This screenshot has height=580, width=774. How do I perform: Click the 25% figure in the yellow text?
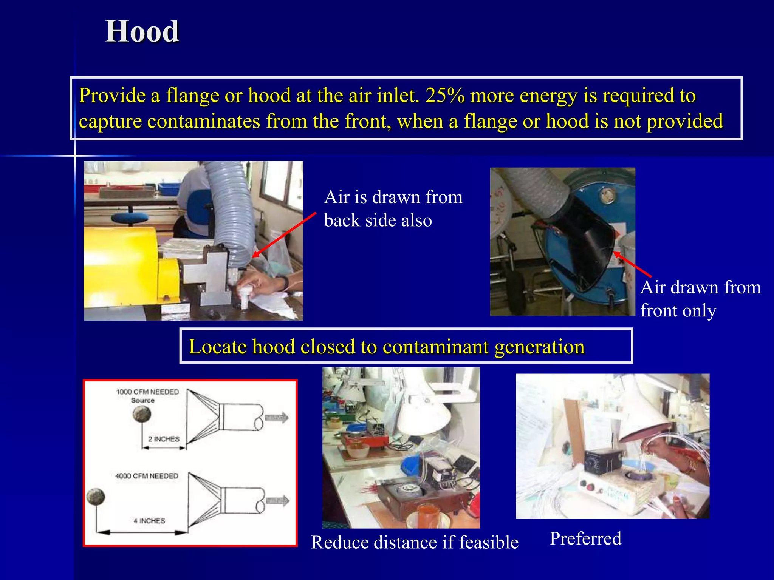(x=444, y=95)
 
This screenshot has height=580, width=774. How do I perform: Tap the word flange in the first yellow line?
(x=192, y=95)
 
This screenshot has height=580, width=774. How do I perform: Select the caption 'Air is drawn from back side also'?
(x=393, y=208)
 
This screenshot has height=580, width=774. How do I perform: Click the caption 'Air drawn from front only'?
(x=700, y=299)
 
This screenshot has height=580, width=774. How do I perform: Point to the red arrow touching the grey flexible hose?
(x=283, y=235)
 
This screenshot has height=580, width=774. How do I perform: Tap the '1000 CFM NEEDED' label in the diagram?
(x=147, y=392)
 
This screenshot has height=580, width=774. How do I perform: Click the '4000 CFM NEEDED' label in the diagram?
(x=146, y=476)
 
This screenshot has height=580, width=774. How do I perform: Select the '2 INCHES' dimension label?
(x=164, y=439)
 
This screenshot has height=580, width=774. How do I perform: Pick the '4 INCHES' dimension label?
(x=149, y=521)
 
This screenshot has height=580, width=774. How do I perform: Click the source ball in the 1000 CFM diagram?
(x=142, y=414)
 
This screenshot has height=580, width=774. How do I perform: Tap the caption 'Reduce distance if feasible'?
(x=415, y=542)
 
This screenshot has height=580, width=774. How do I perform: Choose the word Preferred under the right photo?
(x=585, y=538)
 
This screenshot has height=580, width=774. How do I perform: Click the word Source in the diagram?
(x=142, y=400)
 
